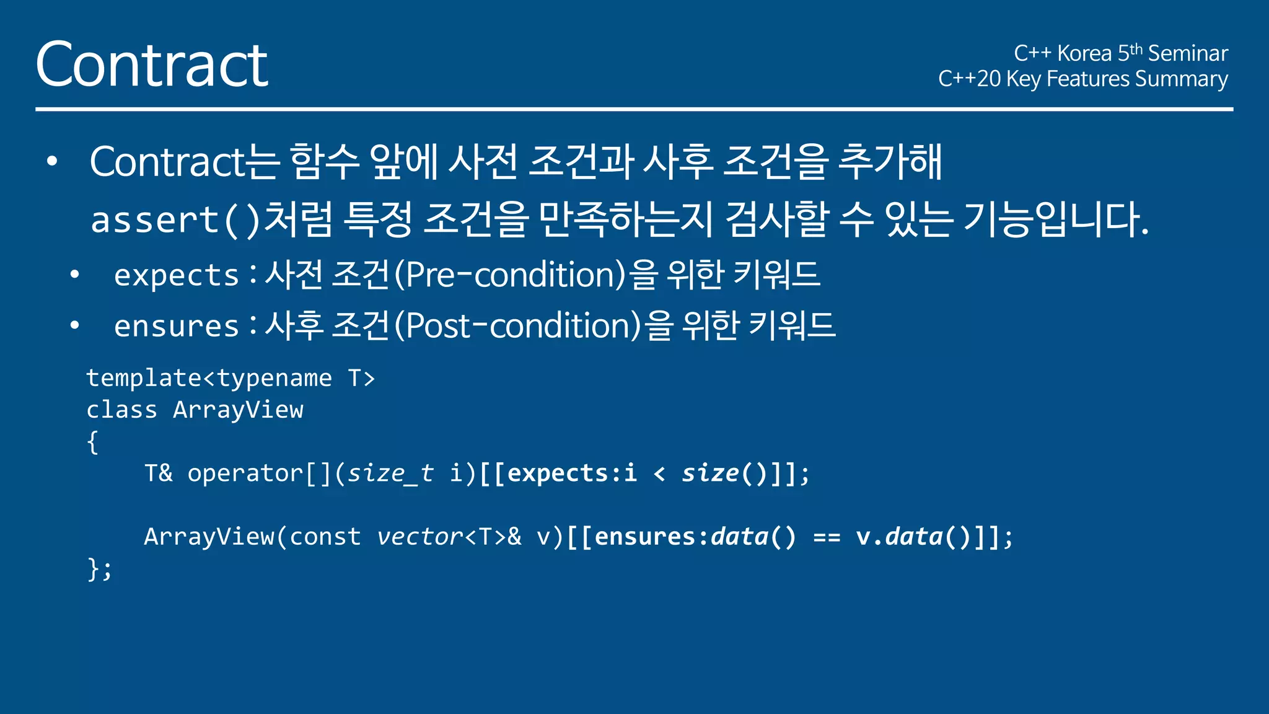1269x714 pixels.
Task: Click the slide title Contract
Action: (152, 64)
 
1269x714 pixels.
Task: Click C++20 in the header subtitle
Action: (969, 79)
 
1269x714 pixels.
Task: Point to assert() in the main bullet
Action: (176, 220)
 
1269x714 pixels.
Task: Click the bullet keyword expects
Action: (177, 275)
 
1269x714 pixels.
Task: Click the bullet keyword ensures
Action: (177, 326)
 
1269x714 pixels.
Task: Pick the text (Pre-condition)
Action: (511, 275)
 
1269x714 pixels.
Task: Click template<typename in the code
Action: (209, 378)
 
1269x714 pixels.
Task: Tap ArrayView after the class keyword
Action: (239, 410)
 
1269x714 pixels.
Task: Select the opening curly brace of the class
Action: (93, 442)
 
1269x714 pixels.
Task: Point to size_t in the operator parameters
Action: (390, 474)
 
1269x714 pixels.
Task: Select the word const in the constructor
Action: (325, 537)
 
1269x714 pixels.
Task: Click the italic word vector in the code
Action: (419, 537)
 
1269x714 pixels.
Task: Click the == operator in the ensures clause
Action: (826, 537)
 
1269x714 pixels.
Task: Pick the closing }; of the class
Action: (100, 568)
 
